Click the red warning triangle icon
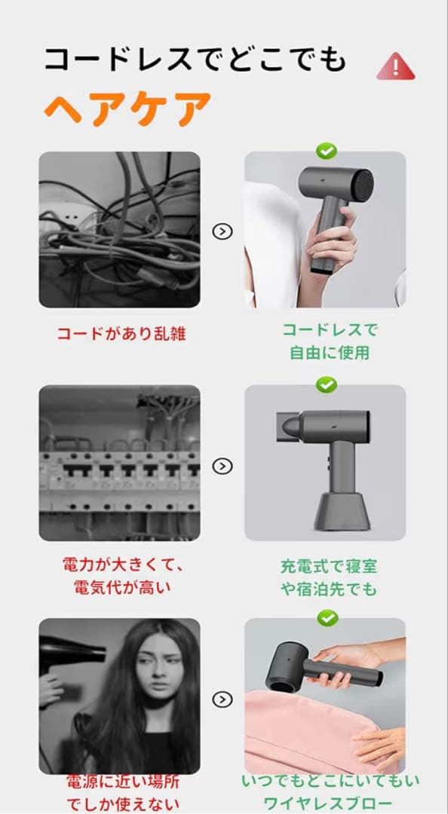(396, 66)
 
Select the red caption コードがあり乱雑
(121, 334)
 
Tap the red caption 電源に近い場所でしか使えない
(121, 792)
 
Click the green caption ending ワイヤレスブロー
(330, 791)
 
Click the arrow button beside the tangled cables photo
(222, 231)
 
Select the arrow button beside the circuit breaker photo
(222, 465)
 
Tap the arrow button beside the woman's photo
(222, 699)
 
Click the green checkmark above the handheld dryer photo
(326, 151)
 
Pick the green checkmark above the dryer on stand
(326, 385)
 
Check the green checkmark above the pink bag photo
(326, 619)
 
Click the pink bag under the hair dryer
(309, 731)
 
